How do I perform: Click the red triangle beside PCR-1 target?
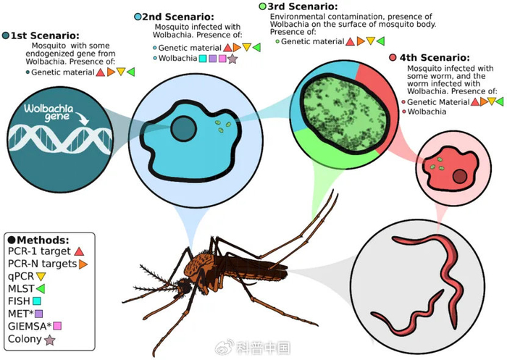(x=79, y=251)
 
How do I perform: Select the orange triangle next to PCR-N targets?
(x=83, y=264)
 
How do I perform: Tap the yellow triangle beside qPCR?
(x=41, y=277)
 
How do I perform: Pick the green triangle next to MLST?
(x=41, y=288)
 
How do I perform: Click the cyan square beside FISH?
(x=37, y=301)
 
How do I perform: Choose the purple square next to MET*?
(x=39, y=314)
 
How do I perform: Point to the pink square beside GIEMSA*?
(x=57, y=326)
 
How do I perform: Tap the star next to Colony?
(x=50, y=340)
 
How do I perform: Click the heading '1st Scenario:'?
(x=45, y=35)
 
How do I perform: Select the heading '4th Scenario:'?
(x=435, y=58)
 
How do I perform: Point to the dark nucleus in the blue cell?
(x=184, y=129)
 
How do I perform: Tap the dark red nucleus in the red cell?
(x=459, y=177)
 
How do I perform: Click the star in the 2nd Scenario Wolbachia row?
(x=232, y=59)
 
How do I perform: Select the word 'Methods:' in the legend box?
(x=43, y=240)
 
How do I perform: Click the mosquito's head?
(x=183, y=287)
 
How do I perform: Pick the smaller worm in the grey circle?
(x=407, y=315)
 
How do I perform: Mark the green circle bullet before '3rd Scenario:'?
(x=262, y=6)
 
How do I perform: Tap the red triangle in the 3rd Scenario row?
(x=350, y=41)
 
